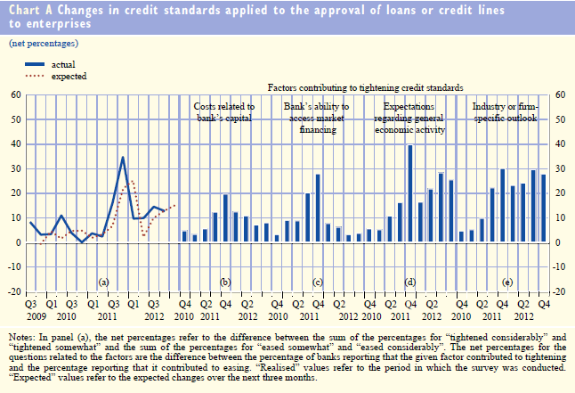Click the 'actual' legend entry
pyautogui.click(x=63, y=64)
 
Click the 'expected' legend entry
pyautogui.click(x=69, y=77)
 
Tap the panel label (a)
pyautogui.click(x=103, y=282)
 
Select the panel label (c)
pyautogui.click(x=317, y=282)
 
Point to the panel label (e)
pyautogui.click(x=507, y=282)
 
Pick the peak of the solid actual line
pyautogui.click(x=123, y=158)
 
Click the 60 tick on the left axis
pyautogui.click(x=16, y=95)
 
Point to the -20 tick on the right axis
pyautogui.click(x=561, y=291)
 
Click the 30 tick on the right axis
pyautogui.click(x=561, y=168)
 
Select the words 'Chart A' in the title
pyautogui.click(x=30, y=12)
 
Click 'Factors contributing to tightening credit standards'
pyautogui.click(x=366, y=88)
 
